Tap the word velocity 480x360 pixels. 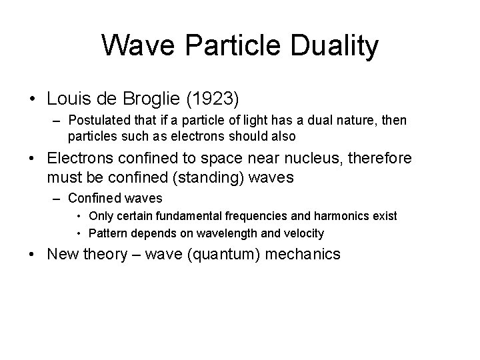pyautogui.click(x=301, y=233)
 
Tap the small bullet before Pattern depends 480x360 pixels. pyautogui.click(x=79, y=233)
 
